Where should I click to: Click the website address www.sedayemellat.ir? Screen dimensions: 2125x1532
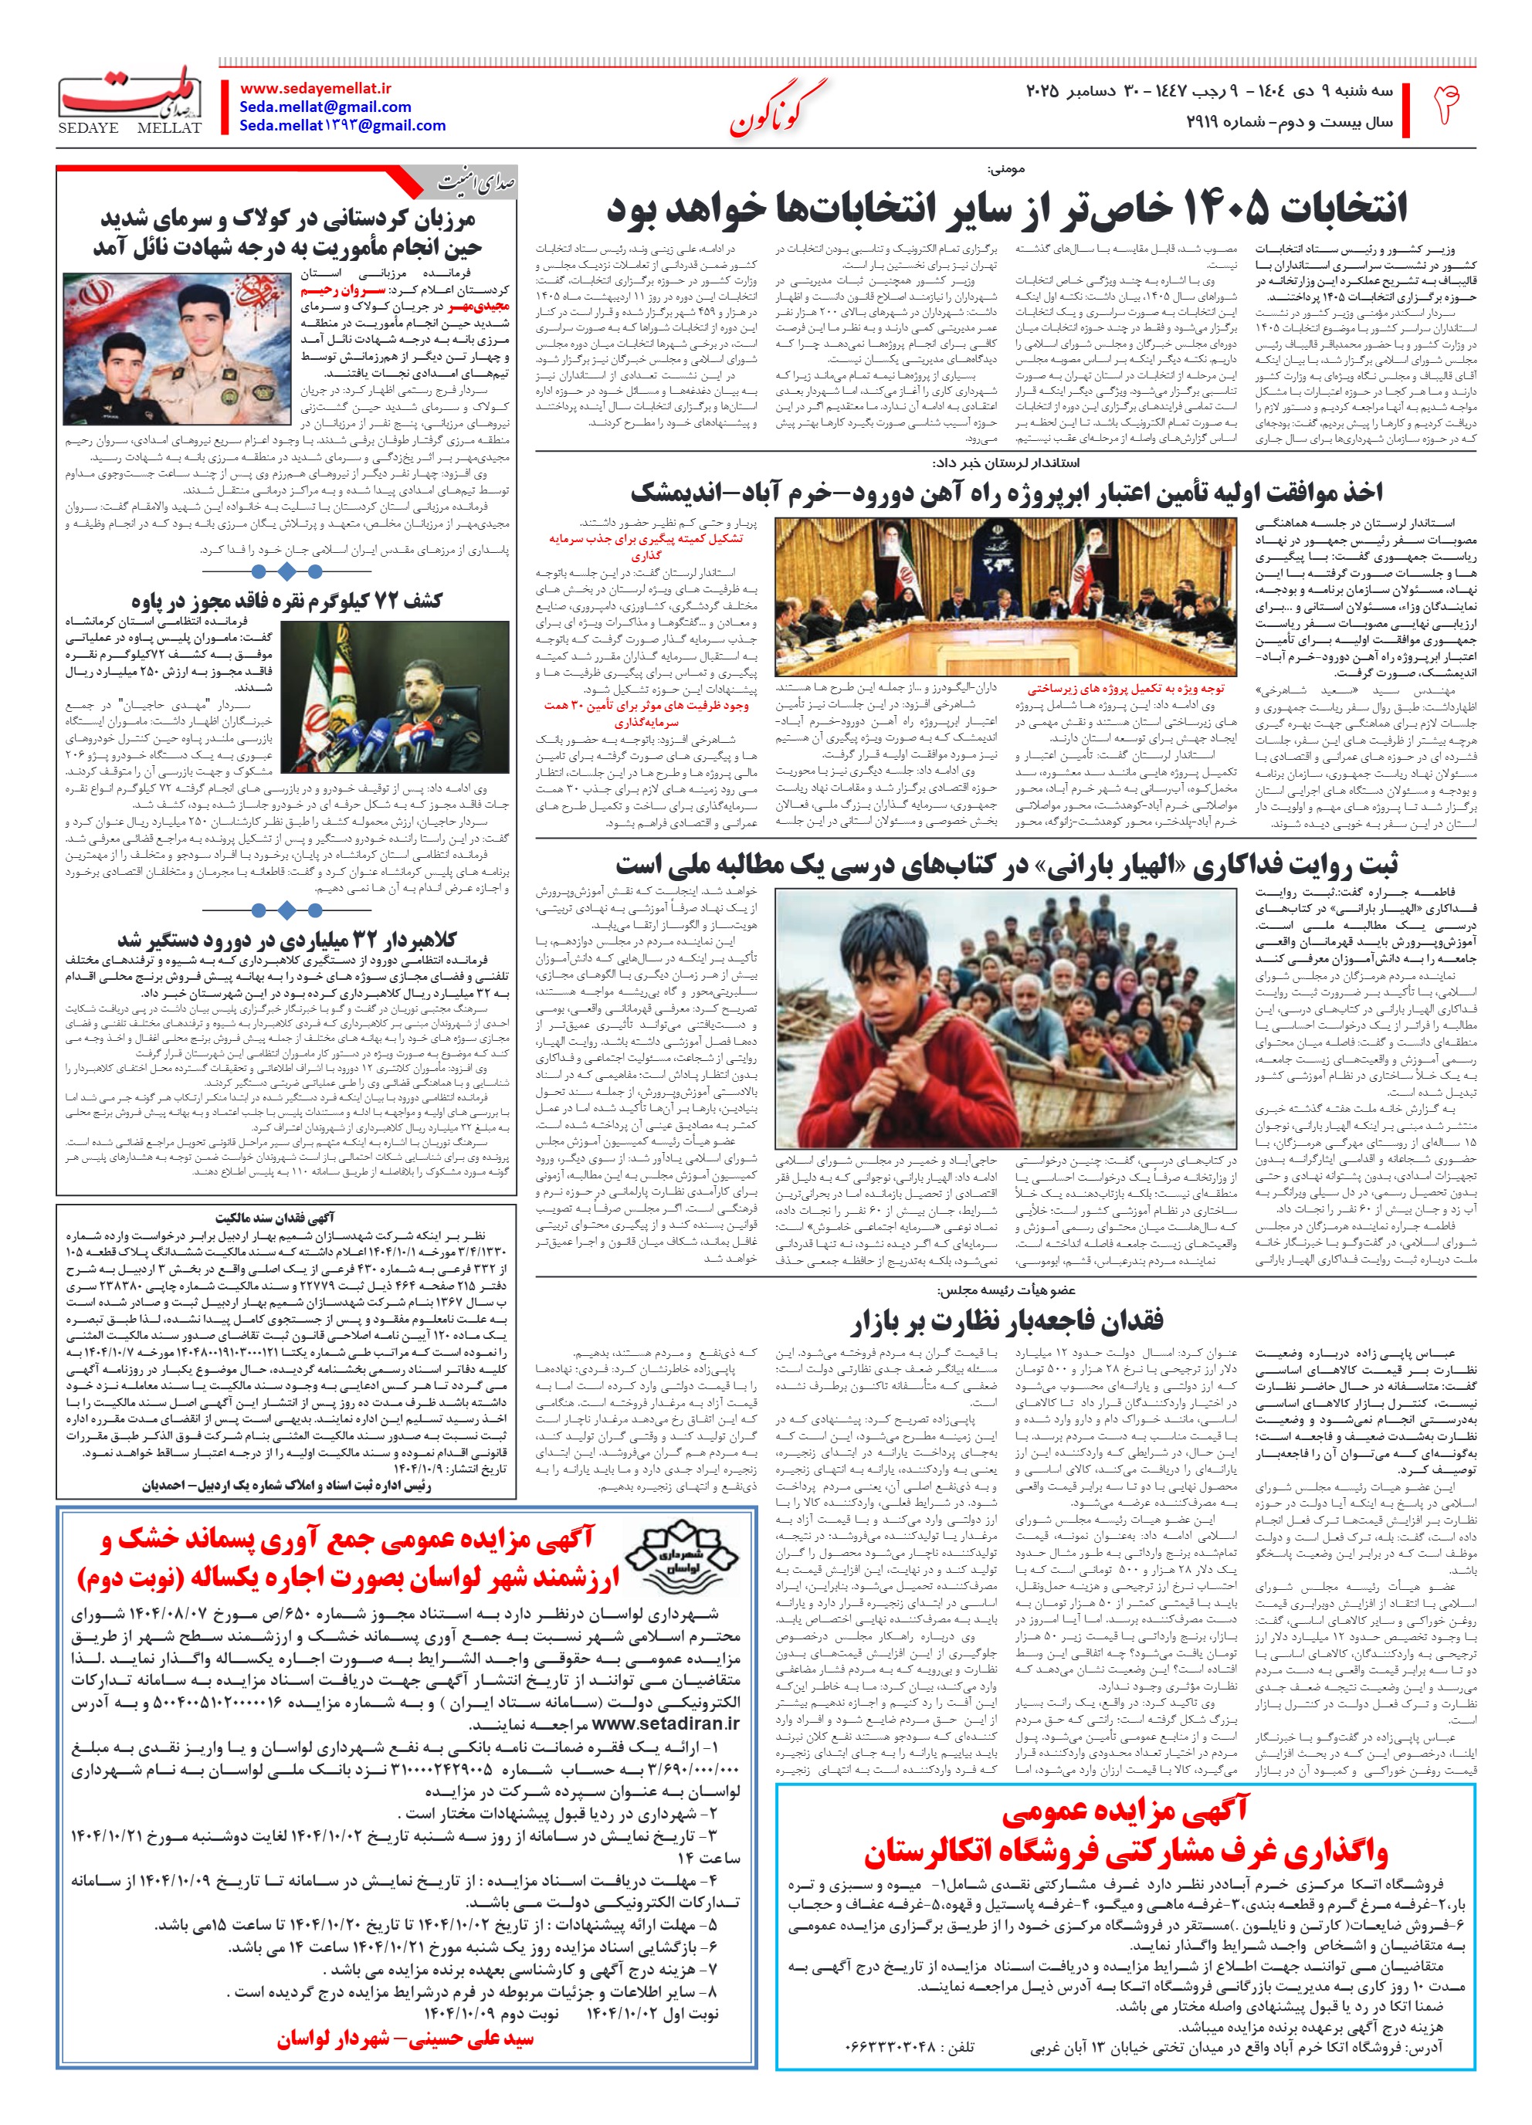point(316,88)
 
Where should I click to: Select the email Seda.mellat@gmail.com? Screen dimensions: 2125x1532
point(325,107)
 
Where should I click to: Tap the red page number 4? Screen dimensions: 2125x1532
point(1446,105)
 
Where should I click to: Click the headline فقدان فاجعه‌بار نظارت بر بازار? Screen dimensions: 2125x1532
point(1006,1321)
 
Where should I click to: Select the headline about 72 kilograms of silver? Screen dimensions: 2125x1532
point(286,601)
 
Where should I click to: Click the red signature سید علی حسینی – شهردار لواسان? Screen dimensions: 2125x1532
point(405,2039)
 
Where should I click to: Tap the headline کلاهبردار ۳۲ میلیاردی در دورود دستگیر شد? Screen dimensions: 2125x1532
point(286,939)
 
